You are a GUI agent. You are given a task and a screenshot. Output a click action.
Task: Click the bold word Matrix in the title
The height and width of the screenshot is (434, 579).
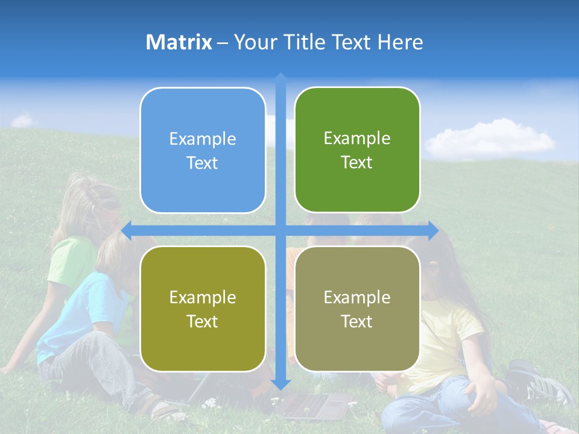coord(179,42)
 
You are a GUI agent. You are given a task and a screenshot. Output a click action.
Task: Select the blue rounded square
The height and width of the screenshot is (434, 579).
coord(203,151)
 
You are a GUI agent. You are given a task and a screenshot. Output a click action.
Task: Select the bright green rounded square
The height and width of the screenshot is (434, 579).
coord(357,150)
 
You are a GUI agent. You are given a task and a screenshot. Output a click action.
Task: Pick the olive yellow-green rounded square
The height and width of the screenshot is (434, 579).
coord(203,309)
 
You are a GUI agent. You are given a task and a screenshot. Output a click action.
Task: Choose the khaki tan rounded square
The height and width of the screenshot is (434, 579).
coord(357,309)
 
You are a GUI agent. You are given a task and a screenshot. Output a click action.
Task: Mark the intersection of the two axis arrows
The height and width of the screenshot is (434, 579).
coord(280,230)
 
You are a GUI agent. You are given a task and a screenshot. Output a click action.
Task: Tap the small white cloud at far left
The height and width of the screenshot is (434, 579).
coord(22,121)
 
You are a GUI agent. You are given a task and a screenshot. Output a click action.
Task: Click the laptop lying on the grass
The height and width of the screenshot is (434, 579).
coord(314,407)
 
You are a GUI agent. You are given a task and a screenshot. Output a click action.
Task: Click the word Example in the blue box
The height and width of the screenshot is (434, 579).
coord(203,139)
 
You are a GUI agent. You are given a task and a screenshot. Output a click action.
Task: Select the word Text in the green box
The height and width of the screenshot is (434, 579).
coord(357,163)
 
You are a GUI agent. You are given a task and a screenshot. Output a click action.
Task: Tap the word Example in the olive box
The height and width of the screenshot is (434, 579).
coord(203,298)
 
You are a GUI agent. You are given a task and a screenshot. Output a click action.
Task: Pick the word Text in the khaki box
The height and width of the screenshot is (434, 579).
coord(357,322)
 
